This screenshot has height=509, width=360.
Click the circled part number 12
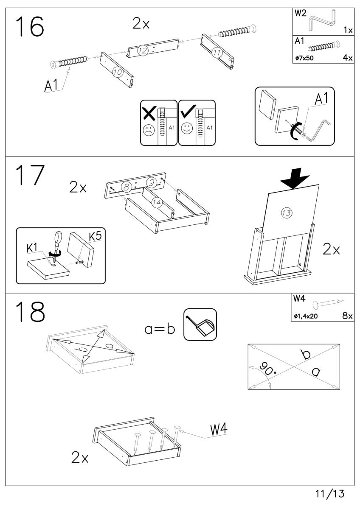(x=142, y=51)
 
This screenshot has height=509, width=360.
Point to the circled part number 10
(x=118, y=73)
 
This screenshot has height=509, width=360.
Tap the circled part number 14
(x=157, y=203)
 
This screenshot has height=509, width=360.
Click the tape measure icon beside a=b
(x=200, y=324)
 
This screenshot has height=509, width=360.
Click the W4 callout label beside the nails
(x=219, y=430)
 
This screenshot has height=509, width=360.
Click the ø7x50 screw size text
(x=304, y=58)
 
